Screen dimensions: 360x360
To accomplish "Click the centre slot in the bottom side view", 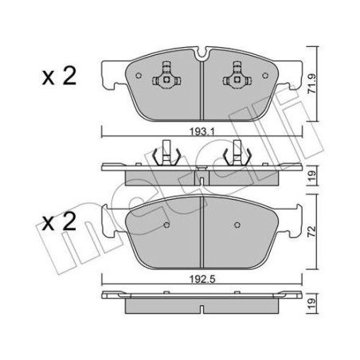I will tap(202, 301).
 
